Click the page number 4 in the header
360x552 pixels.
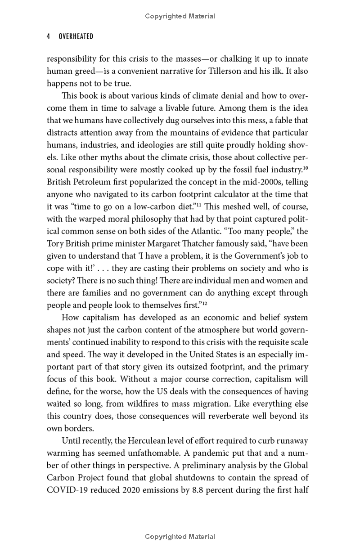click(49, 37)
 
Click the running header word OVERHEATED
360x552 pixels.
click(76, 37)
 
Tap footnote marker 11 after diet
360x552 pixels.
click(200, 193)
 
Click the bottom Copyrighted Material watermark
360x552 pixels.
click(180, 537)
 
